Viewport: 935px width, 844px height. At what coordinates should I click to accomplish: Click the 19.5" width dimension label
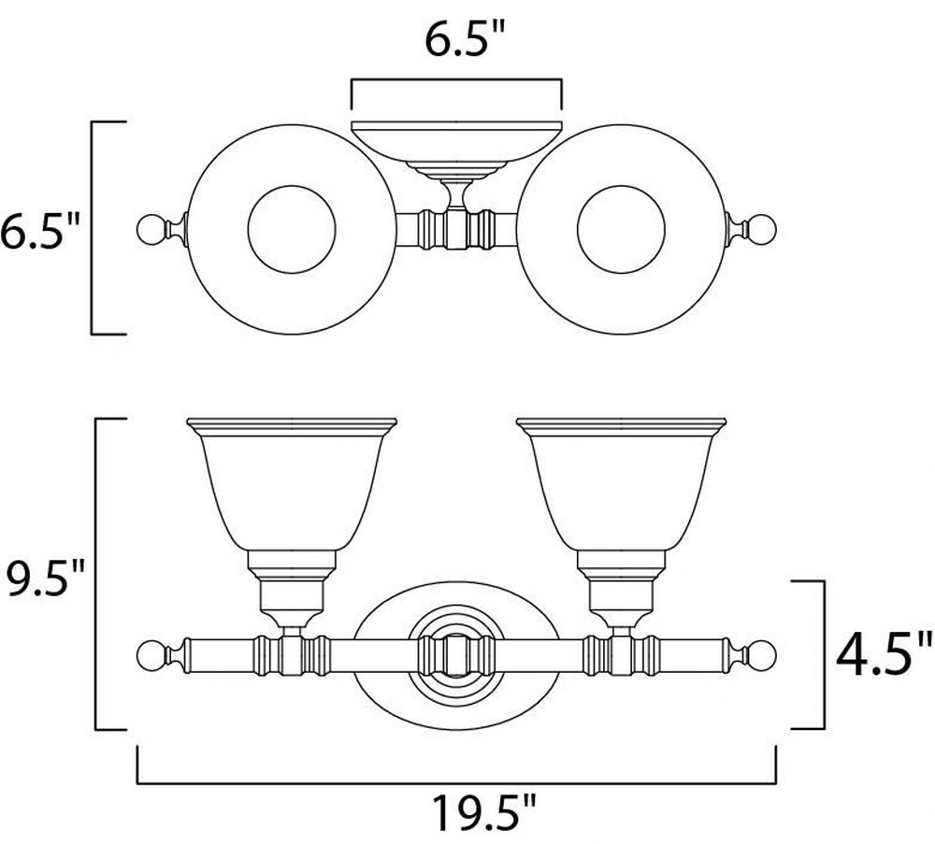click(483, 813)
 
